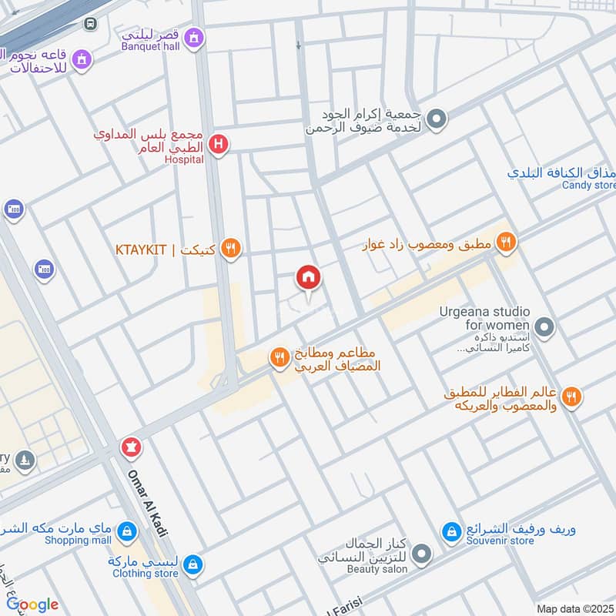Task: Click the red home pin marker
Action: point(309,278)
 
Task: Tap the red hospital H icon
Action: point(219,144)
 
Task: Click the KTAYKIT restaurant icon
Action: point(230,249)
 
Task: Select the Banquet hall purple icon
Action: point(196,36)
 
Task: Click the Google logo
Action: point(32,604)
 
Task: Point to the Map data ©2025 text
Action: point(575,608)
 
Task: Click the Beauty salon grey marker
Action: point(421,553)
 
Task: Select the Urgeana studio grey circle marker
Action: point(544,329)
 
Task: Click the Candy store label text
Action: point(588,186)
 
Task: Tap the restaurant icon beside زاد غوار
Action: point(506,243)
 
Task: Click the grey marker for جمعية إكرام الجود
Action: point(437,119)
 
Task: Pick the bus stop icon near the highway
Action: point(90,24)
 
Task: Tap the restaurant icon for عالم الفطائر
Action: point(571,397)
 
